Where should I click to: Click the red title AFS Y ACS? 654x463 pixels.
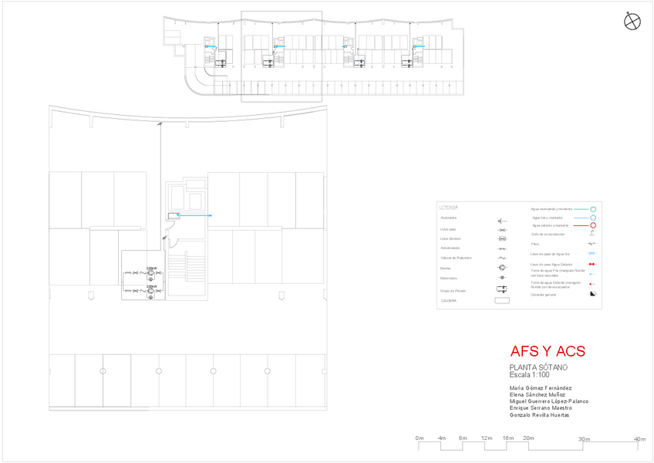[x=548, y=352]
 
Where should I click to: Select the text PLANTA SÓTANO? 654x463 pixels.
[x=538, y=367]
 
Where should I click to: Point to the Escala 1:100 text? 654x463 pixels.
[x=529, y=374]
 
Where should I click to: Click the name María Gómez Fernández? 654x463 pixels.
[x=541, y=387]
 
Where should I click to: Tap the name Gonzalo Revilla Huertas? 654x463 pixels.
[x=540, y=415]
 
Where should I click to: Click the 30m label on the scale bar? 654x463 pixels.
[x=585, y=439]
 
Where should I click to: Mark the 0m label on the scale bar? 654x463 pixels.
[x=420, y=438]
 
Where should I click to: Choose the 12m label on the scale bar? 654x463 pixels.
[x=487, y=438]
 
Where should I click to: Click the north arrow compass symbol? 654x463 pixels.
[x=632, y=22]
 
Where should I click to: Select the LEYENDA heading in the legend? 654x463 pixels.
[x=449, y=208]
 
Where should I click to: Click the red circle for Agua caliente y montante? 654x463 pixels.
[x=593, y=225]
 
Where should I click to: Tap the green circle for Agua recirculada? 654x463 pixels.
[x=594, y=209]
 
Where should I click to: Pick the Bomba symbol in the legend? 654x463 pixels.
[x=502, y=268]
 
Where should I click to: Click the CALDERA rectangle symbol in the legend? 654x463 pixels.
[x=502, y=301]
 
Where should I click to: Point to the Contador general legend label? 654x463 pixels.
[x=544, y=295]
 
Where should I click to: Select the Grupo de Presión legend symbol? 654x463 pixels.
[x=502, y=289]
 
